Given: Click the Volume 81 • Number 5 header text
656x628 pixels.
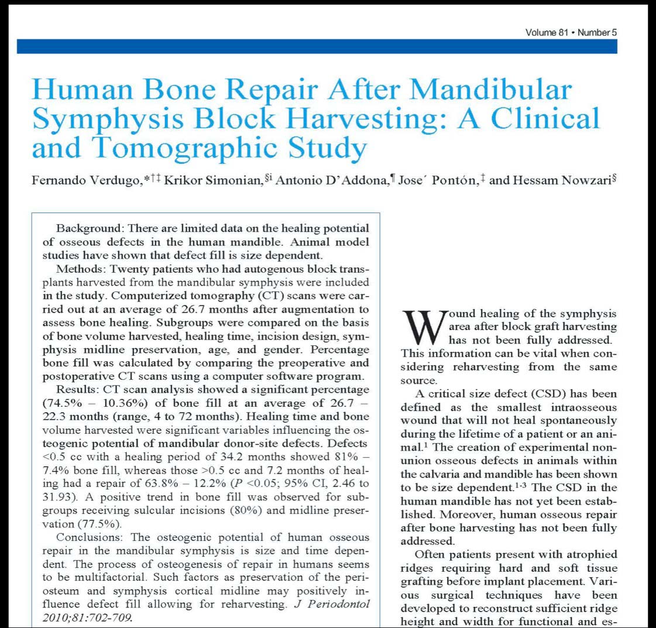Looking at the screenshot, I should coord(571,32).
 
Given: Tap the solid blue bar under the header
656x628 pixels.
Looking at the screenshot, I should coord(317,46).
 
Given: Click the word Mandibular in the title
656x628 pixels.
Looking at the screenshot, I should coord(489,90).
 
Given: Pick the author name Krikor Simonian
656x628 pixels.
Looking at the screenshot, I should coord(210,180).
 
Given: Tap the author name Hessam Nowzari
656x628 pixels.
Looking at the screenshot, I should coord(560,180).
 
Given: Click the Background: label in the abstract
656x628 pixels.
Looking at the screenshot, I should coord(90,228).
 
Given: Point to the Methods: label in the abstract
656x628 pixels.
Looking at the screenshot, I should coord(81,269).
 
